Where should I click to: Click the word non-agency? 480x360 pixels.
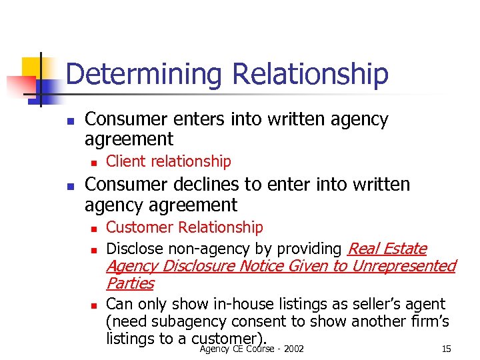203,249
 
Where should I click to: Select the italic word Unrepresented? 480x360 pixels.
403,266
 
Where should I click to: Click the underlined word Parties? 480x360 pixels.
130,283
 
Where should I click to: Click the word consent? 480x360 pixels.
256,321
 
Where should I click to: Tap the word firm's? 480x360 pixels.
426,321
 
